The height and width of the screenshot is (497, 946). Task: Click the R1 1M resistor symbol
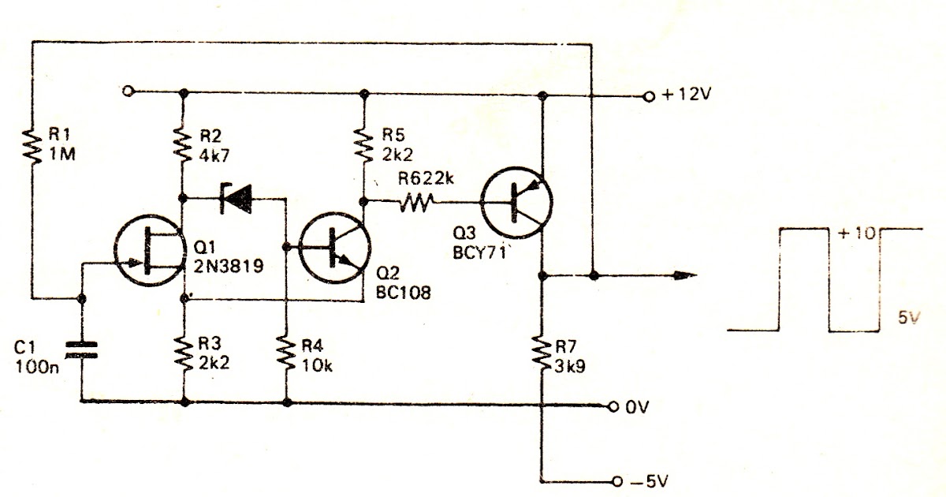point(32,147)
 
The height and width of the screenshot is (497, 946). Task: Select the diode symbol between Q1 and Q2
point(236,198)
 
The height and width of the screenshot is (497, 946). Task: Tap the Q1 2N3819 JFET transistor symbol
point(150,250)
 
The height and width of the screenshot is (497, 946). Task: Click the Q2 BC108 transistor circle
point(334,248)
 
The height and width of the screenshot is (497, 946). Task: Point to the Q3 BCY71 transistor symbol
point(516,203)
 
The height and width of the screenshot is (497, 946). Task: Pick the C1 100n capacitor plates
point(82,350)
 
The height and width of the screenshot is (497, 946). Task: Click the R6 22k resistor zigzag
point(416,202)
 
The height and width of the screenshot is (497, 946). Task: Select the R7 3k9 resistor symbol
point(541,355)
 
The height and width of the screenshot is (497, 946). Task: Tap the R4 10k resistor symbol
point(286,354)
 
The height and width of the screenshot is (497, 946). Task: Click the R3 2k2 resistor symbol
point(184,354)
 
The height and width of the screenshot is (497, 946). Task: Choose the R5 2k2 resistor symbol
point(363,145)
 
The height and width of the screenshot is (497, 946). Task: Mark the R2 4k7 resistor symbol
point(183,145)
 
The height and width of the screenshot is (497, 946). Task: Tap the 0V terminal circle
point(613,406)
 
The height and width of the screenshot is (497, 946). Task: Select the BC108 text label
point(404,293)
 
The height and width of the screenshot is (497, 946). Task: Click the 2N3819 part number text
point(229,266)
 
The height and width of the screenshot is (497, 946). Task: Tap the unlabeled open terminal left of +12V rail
point(127,91)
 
